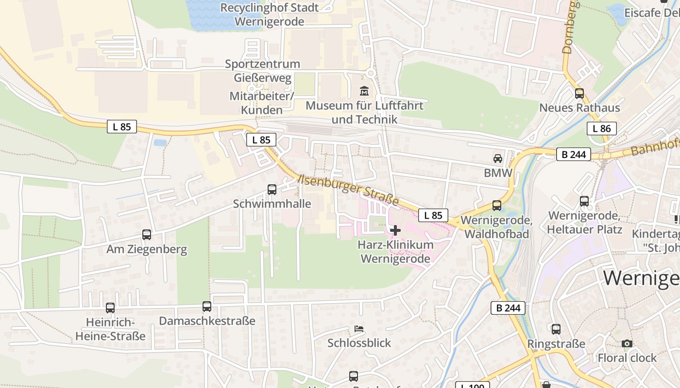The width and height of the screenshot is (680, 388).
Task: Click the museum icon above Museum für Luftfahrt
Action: [x=364, y=91]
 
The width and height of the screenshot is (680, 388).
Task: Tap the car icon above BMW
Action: [x=498, y=158]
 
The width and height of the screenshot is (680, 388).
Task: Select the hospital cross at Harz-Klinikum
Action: [x=395, y=230]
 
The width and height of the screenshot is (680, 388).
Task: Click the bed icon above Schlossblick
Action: [x=359, y=328]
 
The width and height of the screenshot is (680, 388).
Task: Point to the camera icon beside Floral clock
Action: [x=627, y=343]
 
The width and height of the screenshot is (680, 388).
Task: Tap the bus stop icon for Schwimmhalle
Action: [x=272, y=190]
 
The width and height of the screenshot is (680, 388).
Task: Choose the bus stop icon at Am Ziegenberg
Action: [x=147, y=235]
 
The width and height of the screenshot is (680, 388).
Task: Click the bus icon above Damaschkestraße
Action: [x=207, y=307]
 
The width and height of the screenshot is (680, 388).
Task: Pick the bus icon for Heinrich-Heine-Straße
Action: [x=110, y=308]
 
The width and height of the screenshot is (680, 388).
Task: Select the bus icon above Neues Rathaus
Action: [x=579, y=94]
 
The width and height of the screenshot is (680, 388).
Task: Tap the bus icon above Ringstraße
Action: [x=556, y=329]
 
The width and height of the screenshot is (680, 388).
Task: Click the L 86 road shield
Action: [x=601, y=129]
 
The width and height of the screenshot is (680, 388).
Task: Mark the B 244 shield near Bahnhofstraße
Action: [x=573, y=154]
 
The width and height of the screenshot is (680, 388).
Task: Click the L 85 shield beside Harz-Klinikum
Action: [x=433, y=215]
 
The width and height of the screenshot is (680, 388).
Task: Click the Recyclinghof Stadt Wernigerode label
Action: [x=270, y=15]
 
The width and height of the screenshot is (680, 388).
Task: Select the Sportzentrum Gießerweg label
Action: [x=262, y=71]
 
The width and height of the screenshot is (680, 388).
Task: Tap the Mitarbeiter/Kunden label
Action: [x=262, y=103]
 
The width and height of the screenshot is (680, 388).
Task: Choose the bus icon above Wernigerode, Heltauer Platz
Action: [x=584, y=201]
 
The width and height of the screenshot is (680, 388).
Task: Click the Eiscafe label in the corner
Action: [x=651, y=13]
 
